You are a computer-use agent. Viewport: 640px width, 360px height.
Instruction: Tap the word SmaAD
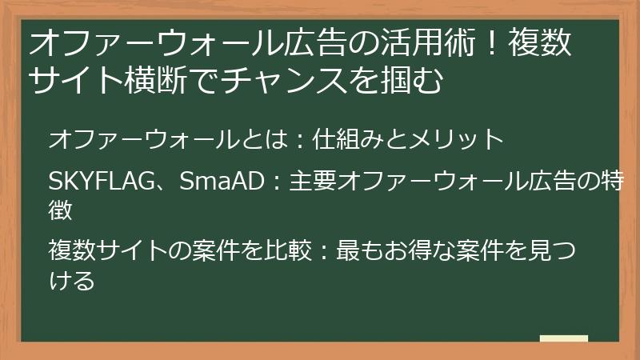tap(222, 182)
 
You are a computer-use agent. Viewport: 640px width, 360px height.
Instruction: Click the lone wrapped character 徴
tap(61, 210)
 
